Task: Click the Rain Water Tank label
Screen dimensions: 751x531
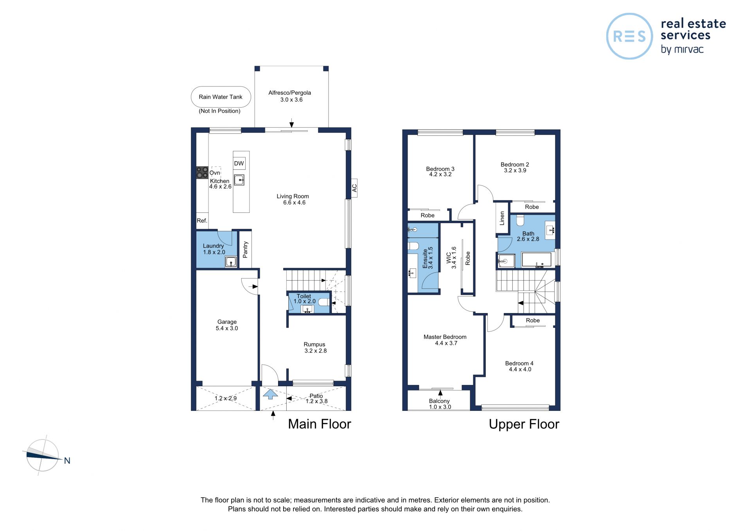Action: coord(221,97)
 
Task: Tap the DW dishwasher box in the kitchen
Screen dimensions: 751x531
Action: coord(239,164)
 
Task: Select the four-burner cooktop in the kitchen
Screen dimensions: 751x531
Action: coord(202,173)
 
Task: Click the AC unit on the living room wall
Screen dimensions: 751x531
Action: coord(354,188)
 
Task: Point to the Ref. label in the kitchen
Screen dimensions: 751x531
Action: coord(202,221)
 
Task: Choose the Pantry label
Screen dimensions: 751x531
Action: coord(245,250)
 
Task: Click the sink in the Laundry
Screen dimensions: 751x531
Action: coord(231,262)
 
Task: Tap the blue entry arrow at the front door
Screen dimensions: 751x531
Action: coord(270,394)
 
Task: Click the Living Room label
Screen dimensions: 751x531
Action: coord(293,196)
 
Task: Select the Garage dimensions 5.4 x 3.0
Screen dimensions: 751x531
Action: coord(227,328)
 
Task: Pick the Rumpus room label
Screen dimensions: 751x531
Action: coord(314,344)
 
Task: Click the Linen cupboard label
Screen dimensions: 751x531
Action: coord(502,218)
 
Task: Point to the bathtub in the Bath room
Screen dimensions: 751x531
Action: coord(536,260)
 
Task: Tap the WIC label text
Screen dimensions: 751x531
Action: coord(449,257)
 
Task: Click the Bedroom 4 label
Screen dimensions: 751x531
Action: coord(519,364)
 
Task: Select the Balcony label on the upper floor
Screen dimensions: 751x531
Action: coord(439,401)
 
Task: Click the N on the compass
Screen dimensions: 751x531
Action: coord(67,461)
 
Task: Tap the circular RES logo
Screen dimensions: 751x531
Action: coord(629,36)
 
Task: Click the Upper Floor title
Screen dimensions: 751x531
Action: coord(524,424)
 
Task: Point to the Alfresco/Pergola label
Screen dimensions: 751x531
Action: coord(290,93)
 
